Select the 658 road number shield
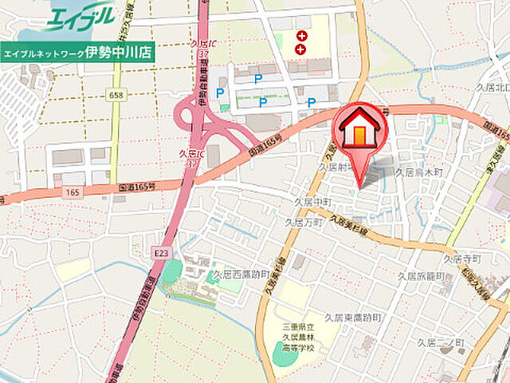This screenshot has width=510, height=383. tap(116, 95)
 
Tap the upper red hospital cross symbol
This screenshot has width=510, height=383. tap(301, 36)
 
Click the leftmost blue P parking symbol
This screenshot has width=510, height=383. tap(220, 93)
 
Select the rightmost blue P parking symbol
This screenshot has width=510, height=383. tap(312, 102)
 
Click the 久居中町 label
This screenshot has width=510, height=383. tap(312, 203)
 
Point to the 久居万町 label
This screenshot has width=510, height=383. tap(304, 223)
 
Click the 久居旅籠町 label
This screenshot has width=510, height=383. tap(418, 275)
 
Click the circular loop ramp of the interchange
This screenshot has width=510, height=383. tap(186, 113)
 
